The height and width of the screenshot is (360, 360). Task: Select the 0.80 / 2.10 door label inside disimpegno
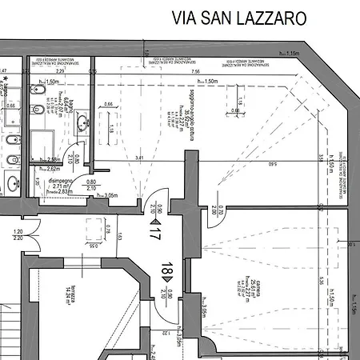[x=90, y=185]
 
